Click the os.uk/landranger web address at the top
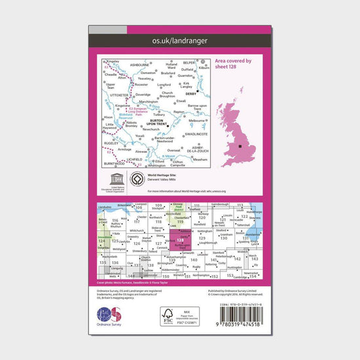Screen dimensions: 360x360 179,41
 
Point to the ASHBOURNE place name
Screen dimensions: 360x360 140,65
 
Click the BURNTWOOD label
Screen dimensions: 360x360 112,160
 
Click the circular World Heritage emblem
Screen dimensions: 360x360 137,180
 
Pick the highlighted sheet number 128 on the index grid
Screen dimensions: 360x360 181,241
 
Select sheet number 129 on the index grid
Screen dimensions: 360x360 202,240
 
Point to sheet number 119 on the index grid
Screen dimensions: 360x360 179,223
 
